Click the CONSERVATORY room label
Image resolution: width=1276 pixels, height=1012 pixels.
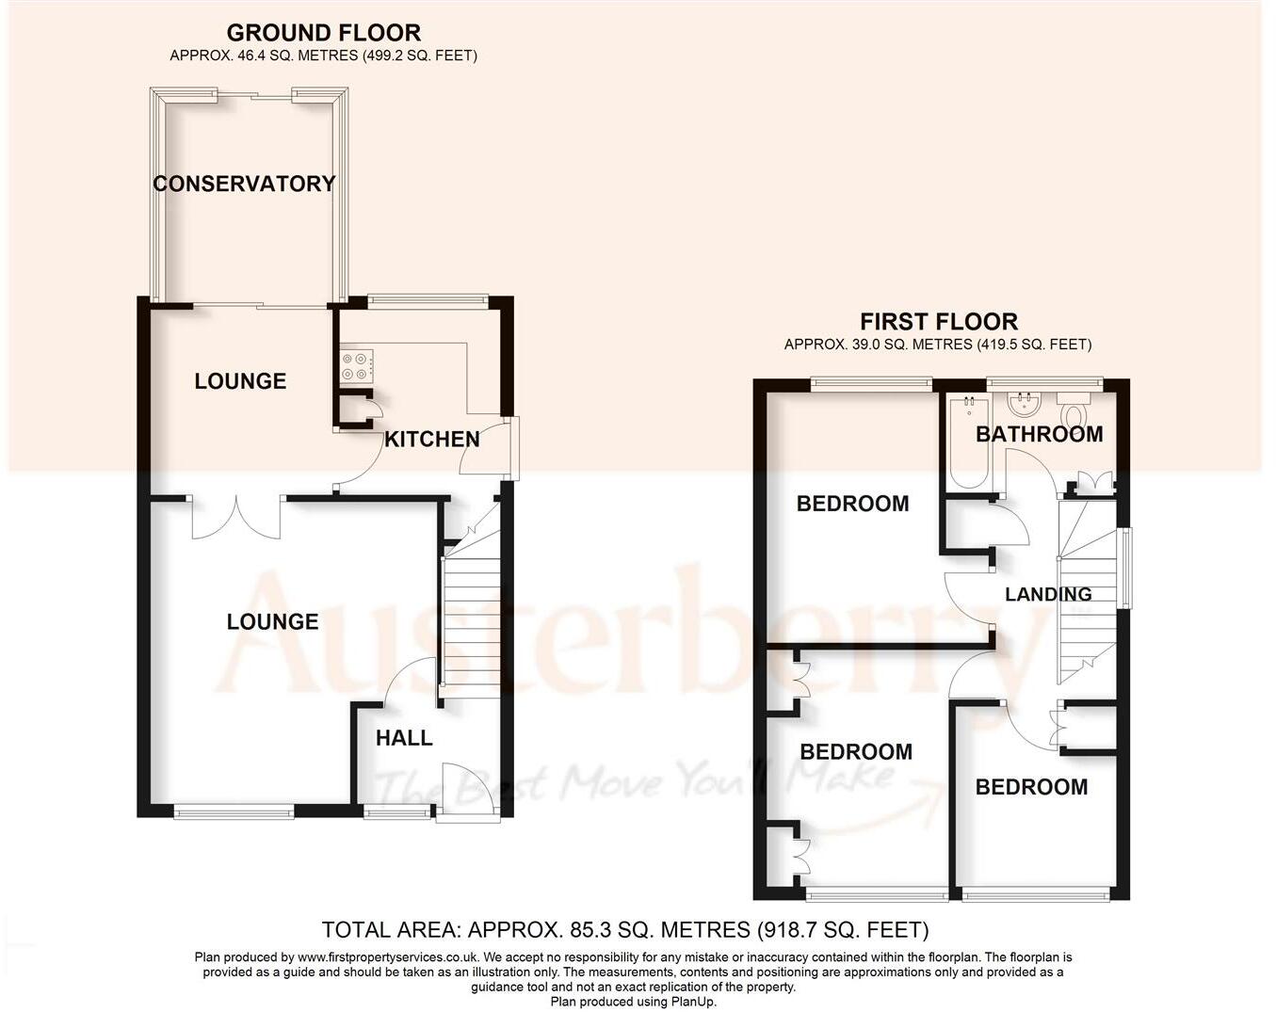(244, 184)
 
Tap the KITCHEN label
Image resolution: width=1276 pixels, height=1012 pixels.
(432, 439)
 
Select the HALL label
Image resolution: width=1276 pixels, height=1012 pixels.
(404, 738)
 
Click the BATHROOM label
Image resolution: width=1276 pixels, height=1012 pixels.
(1039, 434)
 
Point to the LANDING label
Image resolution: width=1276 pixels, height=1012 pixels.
(1048, 594)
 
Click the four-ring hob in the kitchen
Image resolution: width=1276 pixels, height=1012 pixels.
(357, 366)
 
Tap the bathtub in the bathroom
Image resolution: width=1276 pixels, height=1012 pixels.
(966, 442)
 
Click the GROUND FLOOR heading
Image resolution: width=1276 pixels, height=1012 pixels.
(324, 34)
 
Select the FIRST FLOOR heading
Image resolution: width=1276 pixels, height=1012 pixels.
(938, 322)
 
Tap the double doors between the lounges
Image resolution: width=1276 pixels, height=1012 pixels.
(236, 516)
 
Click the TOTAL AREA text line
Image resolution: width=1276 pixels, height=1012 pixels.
(624, 930)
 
